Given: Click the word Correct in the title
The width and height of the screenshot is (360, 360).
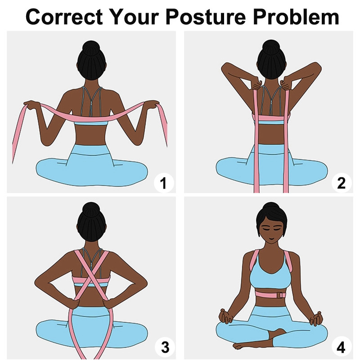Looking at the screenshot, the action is tap(64, 17).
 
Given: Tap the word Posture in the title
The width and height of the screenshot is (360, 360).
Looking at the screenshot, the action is tap(206, 17).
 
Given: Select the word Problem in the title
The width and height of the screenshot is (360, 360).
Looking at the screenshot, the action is tap(296, 17).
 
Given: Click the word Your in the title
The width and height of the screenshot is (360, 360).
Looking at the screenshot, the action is tap(134, 17).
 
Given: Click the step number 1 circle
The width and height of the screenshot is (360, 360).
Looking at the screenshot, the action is tap(164, 183).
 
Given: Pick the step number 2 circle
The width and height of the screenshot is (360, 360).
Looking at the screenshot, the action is tap(342, 183).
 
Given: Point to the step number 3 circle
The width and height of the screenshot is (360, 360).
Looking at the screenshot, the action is tap(165, 346).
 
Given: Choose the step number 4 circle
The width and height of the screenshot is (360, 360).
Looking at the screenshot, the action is tap(341, 346).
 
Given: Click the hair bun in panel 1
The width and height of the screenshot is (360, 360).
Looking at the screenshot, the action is tap(91, 47).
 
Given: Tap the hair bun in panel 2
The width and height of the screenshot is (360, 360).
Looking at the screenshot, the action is tap(271, 47).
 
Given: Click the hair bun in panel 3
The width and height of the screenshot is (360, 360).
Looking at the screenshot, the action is tap(91, 209).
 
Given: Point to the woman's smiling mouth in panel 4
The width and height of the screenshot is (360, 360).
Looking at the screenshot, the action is tap(271, 239).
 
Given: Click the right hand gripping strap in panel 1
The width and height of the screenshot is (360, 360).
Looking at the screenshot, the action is tap(152, 104).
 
